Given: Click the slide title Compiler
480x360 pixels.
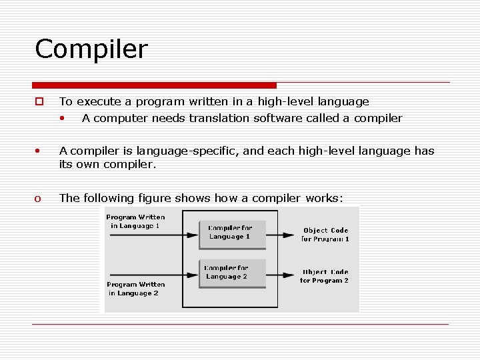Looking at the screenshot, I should click(x=91, y=49).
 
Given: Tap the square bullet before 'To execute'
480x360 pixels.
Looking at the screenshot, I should click(x=39, y=102).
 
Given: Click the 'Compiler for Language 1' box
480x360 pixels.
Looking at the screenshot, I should click(x=232, y=232).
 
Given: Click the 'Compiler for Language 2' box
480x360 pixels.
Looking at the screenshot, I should click(x=232, y=273).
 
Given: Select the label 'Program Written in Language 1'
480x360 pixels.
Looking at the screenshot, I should click(x=135, y=221).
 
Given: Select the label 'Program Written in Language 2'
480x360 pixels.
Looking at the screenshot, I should click(x=135, y=289).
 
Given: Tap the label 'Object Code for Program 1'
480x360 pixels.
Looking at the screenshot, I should click(x=325, y=235).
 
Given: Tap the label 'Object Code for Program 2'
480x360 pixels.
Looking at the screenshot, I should click(x=325, y=276).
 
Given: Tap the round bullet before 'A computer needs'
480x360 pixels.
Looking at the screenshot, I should click(x=61, y=119).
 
